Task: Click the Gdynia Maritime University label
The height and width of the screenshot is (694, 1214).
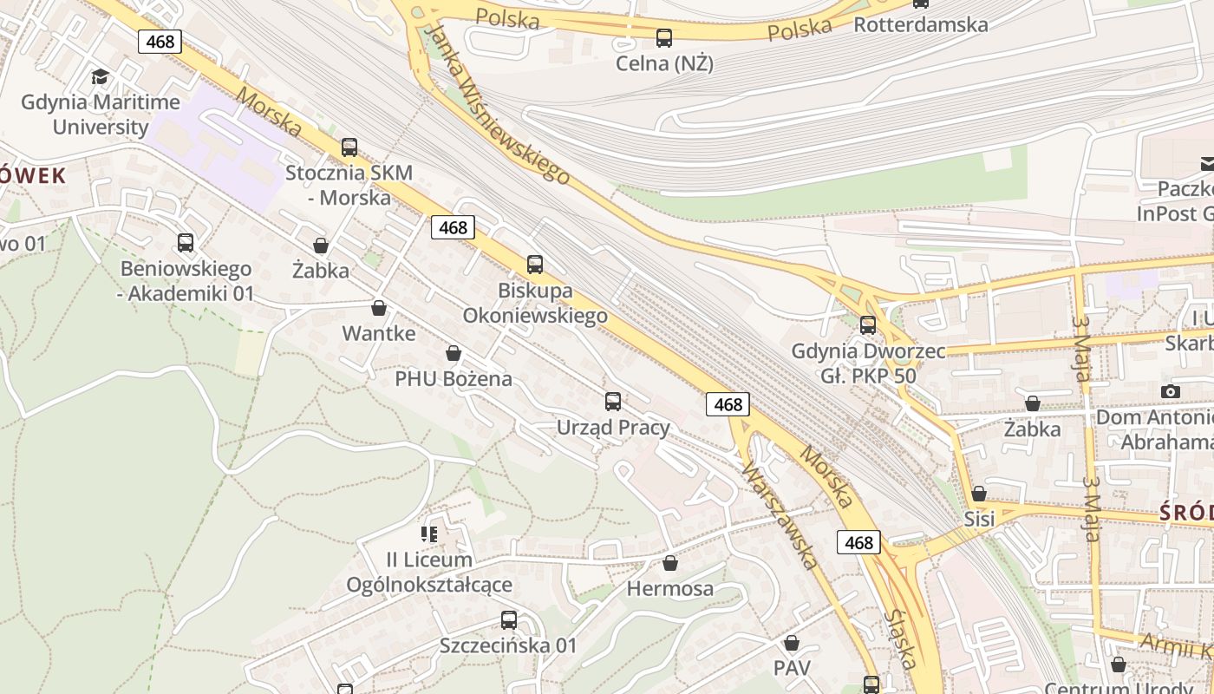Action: (x=101, y=115)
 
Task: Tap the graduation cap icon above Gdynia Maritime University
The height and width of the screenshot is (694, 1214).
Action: (x=101, y=77)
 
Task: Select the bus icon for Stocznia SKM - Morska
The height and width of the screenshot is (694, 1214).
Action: (x=349, y=147)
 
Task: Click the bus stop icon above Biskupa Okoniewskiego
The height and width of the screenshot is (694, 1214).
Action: (x=535, y=265)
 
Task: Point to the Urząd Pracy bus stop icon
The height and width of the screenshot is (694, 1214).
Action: (x=613, y=401)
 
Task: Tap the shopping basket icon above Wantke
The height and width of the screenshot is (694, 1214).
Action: (x=379, y=308)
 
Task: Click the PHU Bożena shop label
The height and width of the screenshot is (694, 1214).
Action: (x=454, y=379)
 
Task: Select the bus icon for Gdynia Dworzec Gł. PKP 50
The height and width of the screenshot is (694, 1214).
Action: (x=868, y=325)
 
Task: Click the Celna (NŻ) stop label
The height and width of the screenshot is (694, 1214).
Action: (x=664, y=63)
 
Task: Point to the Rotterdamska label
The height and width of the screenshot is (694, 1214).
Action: (x=921, y=24)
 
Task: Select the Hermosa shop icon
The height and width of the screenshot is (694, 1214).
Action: (x=670, y=564)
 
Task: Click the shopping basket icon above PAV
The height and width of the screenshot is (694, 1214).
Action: (x=792, y=643)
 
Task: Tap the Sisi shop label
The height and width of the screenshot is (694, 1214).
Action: (x=979, y=519)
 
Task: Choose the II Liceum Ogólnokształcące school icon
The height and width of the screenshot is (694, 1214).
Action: (x=429, y=534)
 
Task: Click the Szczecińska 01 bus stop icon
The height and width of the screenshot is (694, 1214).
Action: (x=509, y=620)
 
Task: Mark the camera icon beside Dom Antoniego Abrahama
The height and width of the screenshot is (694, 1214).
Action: (x=1171, y=391)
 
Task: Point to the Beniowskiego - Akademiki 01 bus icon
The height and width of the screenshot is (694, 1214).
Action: (x=186, y=243)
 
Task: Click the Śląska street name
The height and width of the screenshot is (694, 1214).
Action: (x=902, y=638)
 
